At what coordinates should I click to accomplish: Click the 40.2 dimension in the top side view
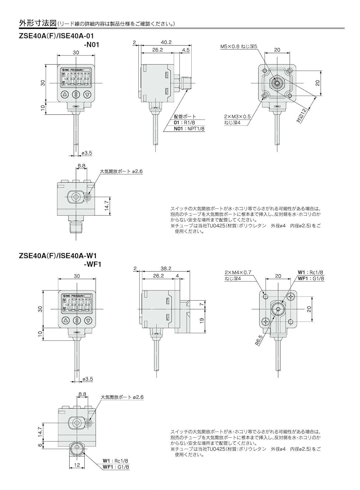(166, 42)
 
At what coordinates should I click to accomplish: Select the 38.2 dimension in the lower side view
(166, 269)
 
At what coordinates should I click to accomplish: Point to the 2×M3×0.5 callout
(237, 116)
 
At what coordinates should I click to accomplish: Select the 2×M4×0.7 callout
(238, 272)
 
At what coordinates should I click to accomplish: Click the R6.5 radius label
(259, 341)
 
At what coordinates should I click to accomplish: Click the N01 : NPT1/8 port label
(189, 129)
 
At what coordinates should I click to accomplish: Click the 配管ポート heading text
(185, 116)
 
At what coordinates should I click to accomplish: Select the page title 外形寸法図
(38, 23)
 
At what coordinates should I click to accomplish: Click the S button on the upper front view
(76, 95)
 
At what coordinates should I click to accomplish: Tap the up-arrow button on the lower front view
(66, 320)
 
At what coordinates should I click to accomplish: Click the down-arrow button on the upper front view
(87, 95)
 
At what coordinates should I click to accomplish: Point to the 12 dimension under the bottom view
(77, 465)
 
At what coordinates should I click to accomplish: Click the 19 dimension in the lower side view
(202, 320)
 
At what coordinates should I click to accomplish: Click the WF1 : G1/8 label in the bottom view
(116, 467)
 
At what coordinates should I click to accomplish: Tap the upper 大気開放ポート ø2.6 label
(121, 171)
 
